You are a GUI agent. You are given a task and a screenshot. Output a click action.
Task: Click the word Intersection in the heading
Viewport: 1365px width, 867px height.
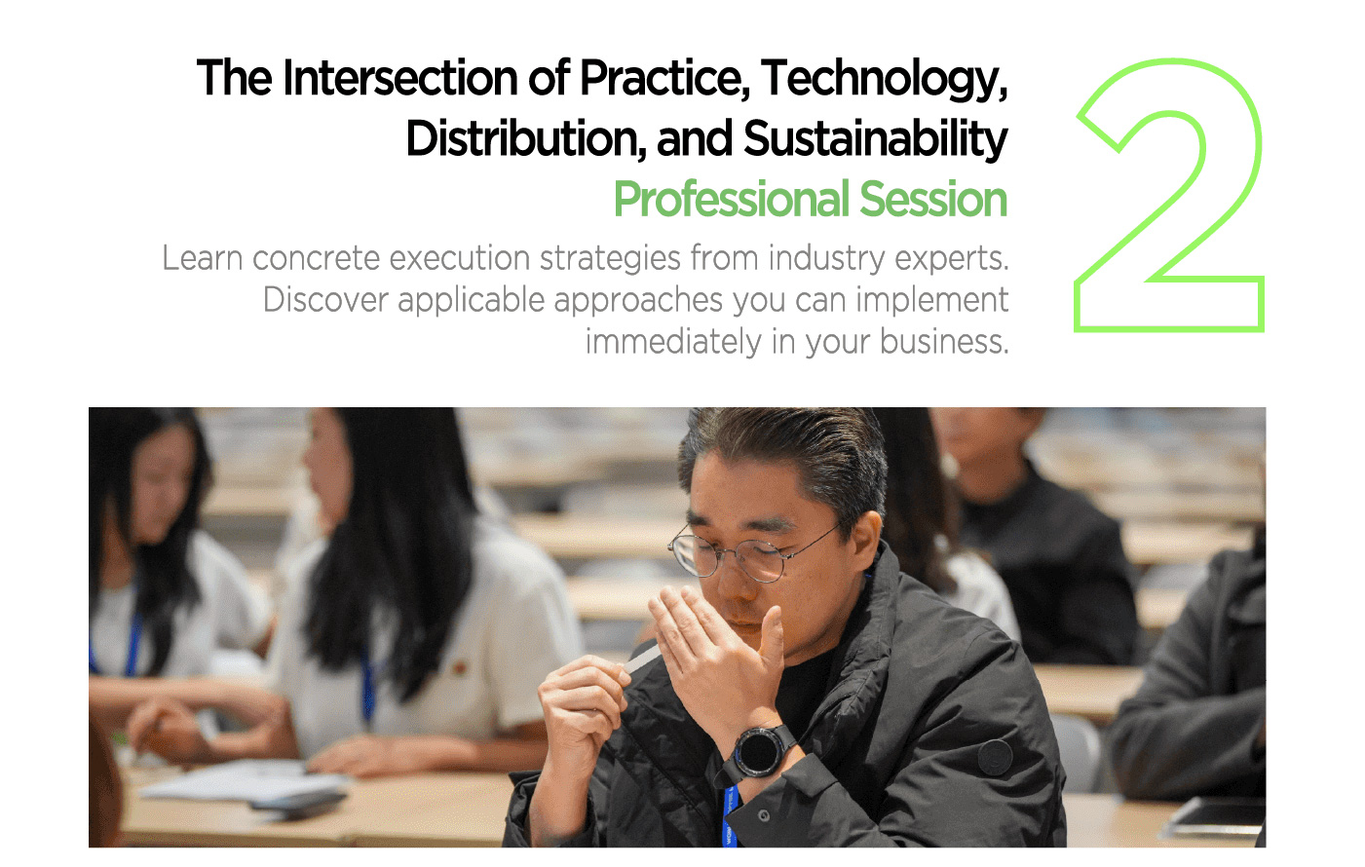pyautogui.click(x=400, y=78)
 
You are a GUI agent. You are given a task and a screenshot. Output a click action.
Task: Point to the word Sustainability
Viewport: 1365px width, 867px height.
pyautogui.click(x=875, y=140)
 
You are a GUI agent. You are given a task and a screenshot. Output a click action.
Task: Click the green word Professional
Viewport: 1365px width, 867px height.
pyautogui.click(x=732, y=200)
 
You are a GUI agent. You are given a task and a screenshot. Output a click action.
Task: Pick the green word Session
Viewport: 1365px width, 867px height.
pyautogui.click(x=933, y=200)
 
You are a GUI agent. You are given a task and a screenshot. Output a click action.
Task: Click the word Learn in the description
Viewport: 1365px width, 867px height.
pyautogui.click(x=203, y=258)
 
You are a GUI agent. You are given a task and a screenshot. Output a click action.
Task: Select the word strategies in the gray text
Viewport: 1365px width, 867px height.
pyautogui.click(x=610, y=259)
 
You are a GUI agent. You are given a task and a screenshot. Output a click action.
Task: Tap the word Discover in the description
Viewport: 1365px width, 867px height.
pyautogui.click(x=325, y=300)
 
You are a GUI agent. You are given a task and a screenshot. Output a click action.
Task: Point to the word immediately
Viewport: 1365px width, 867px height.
pyautogui.click(x=673, y=342)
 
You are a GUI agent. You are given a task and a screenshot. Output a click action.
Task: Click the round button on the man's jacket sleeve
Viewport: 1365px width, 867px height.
pyautogui.click(x=995, y=757)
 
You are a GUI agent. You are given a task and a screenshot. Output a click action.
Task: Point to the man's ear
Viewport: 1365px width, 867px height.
pyautogui.click(x=866, y=540)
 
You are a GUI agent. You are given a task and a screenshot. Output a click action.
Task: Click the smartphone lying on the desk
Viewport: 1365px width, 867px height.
pyautogui.click(x=299, y=799)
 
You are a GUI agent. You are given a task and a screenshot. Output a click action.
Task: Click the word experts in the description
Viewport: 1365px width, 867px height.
pyautogui.click(x=952, y=259)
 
